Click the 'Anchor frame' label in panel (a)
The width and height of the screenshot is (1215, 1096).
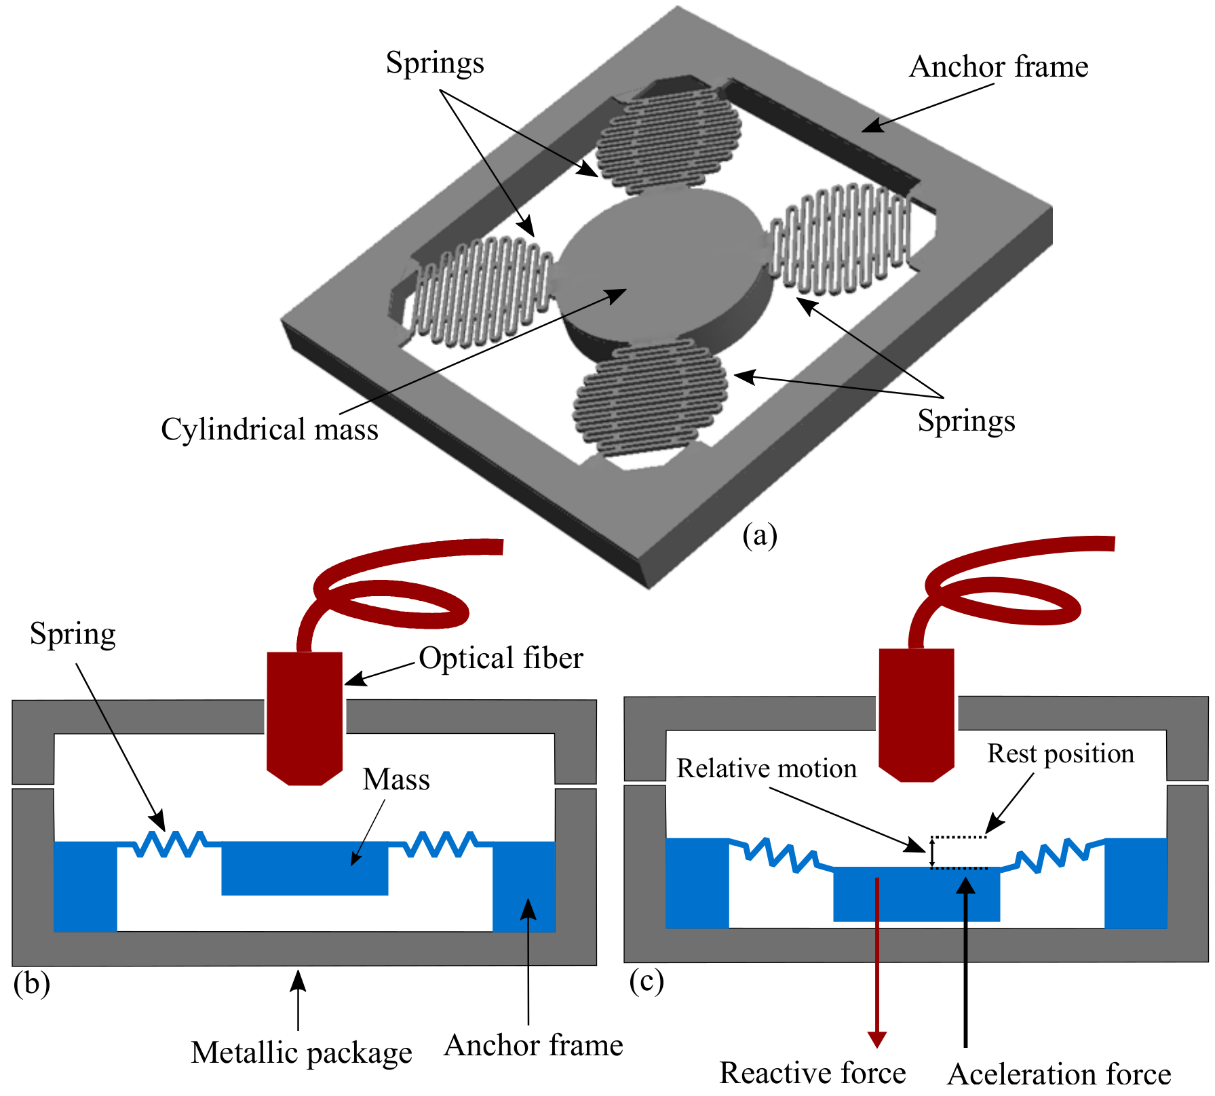point(998,67)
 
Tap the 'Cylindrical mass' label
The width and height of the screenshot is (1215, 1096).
point(269,429)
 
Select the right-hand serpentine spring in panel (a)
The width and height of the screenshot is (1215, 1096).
point(841,237)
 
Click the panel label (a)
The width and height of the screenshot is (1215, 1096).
point(759,535)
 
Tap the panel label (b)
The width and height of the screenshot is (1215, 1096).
point(32,983)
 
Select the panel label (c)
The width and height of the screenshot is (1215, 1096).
point(646,981)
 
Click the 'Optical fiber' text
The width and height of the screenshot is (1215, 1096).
point(501,658)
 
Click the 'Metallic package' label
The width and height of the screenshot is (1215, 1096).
point(301,1053)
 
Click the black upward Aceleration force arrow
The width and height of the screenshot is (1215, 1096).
point(965,963)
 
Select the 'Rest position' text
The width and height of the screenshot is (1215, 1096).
point(1060,753)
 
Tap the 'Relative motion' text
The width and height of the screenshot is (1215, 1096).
point(767,768)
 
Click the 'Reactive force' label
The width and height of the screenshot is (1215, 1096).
point(812,1073)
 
